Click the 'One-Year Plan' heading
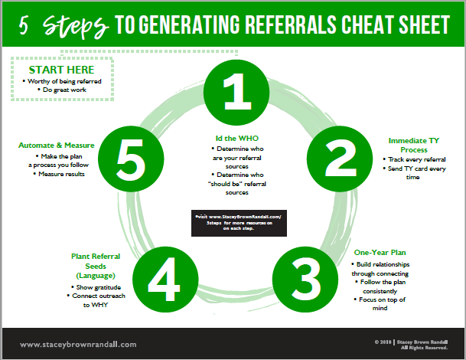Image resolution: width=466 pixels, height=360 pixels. [x=380, y=252]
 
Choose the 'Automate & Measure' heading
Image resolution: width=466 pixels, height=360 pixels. [x=57, y=144]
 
